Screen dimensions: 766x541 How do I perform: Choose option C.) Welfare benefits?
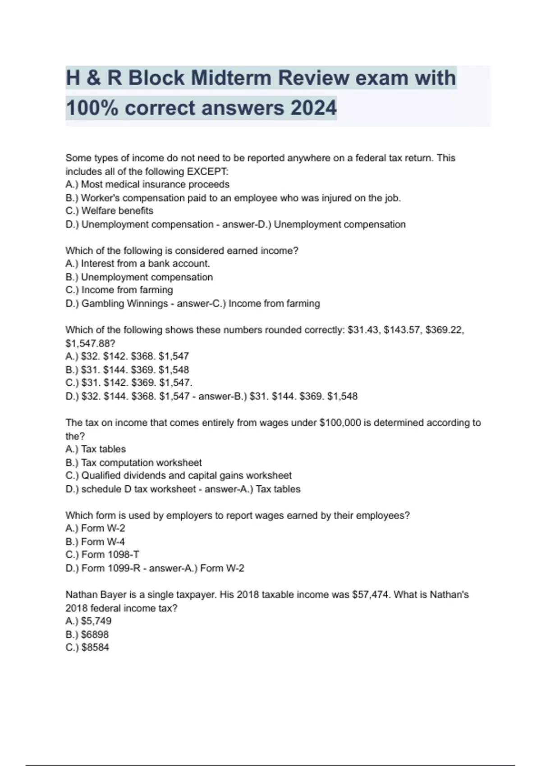coord(109,211)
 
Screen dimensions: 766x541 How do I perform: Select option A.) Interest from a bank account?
coord(138,264)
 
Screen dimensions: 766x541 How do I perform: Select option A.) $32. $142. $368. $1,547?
coord(127,356)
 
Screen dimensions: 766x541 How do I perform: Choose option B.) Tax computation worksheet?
coord(133,463)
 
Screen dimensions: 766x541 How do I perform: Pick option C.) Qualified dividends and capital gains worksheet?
coord(179,476)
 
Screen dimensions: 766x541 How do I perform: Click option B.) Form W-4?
coord(95,542)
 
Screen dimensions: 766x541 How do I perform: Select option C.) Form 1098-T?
coord(102,555)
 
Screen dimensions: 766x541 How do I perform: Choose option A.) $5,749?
coord(88,621)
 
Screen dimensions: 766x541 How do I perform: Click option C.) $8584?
coord(87,647)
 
